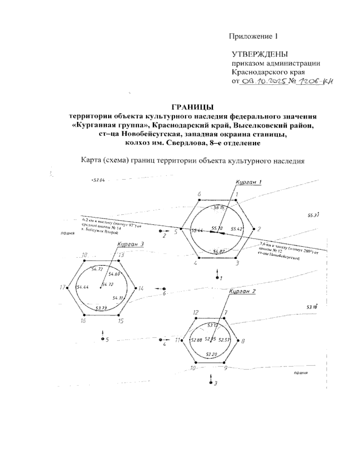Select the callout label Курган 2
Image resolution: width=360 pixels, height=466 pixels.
(x=242, y=291)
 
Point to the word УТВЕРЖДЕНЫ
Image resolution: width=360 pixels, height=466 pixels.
(x=260, y=55)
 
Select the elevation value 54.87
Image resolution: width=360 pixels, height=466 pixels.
(x=219, y=251)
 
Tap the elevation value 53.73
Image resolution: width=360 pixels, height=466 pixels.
(x=101, y=308)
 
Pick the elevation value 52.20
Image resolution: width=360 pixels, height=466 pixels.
(x=211, y=354)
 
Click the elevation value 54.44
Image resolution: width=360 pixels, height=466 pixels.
(x=82, y=287)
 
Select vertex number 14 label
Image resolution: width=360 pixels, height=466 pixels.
(x=141, y=288)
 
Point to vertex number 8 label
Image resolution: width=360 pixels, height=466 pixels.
(x=243, y=341)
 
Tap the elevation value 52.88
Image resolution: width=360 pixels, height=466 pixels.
(x=196, y=340)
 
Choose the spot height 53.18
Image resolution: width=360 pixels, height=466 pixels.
(x=312, y=307)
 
